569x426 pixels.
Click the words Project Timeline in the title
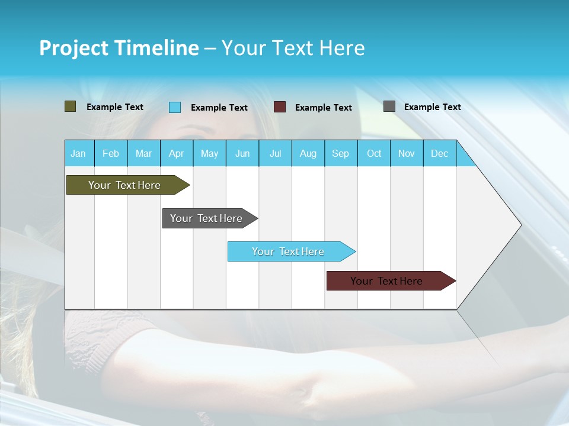(119, 48)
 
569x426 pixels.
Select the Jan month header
(78, 153)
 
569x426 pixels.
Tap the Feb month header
(111, 153)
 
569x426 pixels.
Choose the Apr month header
(177, 153)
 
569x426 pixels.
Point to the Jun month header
(242, 153)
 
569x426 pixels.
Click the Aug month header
(308, 153)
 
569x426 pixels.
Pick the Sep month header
(341, 153)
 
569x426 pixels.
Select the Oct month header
(374, 153)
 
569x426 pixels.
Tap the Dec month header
(440, 153)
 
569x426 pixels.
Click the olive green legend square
(71, 106)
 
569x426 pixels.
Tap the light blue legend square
(175, 107)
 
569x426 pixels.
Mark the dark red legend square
(280, 107)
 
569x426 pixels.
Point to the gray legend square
(389, 106)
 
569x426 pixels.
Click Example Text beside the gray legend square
(433, 107)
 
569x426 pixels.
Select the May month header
(209, 153)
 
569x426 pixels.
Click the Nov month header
(407, 153)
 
